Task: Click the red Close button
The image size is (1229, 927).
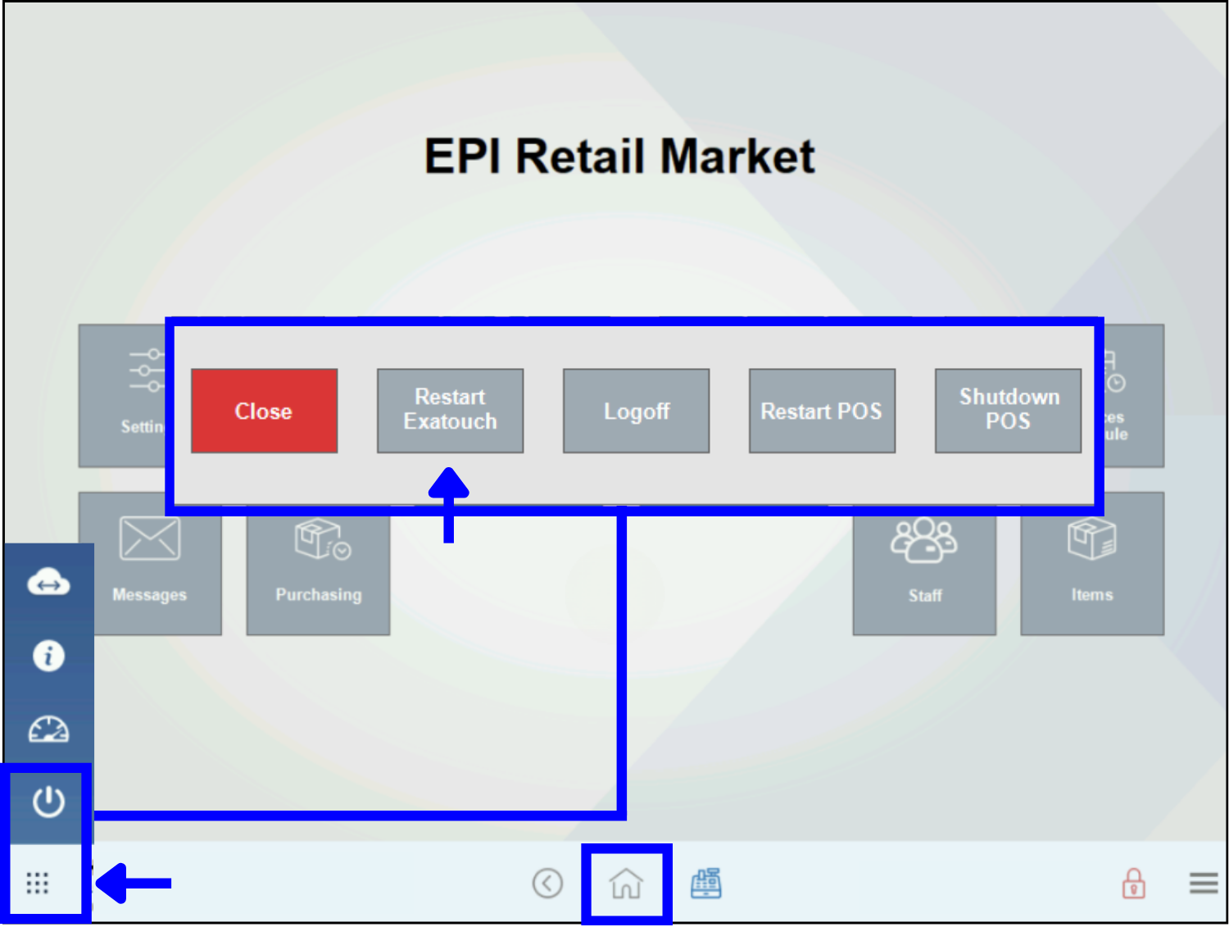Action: (264, 411)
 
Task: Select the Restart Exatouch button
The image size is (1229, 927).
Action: (450, 410)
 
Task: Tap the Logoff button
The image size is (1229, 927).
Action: (636, 411)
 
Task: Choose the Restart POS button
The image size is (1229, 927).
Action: (822, 411)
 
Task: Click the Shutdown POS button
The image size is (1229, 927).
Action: (1008, 410)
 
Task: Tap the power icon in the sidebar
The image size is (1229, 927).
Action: (48, 802)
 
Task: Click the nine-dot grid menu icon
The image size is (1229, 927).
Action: (38, 883)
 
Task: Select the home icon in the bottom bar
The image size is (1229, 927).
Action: (627, 884)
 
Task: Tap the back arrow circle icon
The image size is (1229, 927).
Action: (547, 884)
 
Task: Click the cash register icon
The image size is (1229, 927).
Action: (705, 884)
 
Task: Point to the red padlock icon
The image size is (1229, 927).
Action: (1134, 884)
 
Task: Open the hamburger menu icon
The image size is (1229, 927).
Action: (1203, 884)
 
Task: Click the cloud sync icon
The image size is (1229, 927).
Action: (48, 583)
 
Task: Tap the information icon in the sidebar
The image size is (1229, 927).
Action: (48, 656)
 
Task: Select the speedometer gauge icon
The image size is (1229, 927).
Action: (48, 729)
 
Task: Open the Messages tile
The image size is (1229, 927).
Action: (150, 564)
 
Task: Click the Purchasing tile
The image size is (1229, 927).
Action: (318, 564)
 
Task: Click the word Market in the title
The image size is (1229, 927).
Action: (737, 156)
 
